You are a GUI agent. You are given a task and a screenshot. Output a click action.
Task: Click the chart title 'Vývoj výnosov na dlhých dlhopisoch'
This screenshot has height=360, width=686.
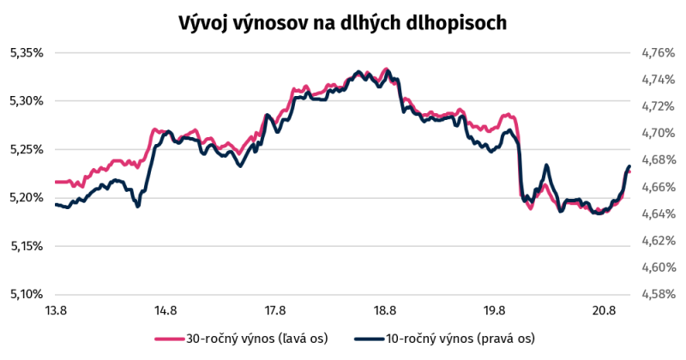(x=342, y=23)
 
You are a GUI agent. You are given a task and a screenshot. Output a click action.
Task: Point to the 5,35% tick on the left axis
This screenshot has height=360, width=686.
(x=27, y=53)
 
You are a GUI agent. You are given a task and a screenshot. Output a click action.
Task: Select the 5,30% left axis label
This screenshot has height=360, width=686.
(x=27, y=101)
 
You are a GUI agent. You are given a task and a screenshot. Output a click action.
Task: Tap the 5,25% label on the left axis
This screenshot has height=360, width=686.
(x=27, y=150)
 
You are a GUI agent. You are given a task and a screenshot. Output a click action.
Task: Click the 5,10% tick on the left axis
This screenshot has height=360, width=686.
(x=27, y=294)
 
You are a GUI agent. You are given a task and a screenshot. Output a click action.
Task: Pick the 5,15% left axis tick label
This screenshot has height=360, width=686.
(x=27, y=246)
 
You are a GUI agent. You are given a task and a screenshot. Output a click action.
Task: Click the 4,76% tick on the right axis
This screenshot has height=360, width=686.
(x=659, y=53)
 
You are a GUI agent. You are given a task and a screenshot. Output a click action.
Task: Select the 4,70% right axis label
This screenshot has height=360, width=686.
(x=659, y=133)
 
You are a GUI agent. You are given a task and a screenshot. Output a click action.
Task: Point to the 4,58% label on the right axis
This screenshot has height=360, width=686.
(x=659, y=294)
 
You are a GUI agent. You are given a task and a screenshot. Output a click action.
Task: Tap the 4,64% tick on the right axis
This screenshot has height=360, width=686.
(x=659, y=214)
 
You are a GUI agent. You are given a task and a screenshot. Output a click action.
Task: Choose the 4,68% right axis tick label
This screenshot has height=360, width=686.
(x=659, y=160)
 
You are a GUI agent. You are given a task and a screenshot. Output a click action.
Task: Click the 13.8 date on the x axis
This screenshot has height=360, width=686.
(x=56, y=311)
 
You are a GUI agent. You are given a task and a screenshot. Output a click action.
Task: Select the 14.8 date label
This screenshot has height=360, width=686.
(x=165, y=311)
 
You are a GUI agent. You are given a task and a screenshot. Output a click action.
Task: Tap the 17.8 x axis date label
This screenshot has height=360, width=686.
(x=274, y=311)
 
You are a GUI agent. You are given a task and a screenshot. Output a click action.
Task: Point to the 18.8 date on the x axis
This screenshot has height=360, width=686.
(x=384, y=311)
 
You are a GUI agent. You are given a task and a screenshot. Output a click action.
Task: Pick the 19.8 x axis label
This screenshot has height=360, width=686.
(x=495, y=311)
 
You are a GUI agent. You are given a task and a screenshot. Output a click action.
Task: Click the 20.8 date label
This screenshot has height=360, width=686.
(x=604, y=311)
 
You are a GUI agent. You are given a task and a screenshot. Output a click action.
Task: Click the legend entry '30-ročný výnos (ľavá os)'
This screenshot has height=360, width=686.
(x=241, y=339)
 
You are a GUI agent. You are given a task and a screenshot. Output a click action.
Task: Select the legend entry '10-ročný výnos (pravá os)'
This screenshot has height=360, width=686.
(x=444, y=339)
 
